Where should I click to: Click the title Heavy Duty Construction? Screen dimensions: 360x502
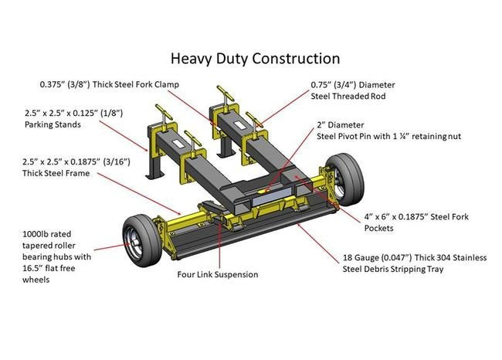tap(254, 58)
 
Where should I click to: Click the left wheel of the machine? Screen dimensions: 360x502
tap(143, 239)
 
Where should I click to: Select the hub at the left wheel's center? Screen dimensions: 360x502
tap(138, 242)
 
